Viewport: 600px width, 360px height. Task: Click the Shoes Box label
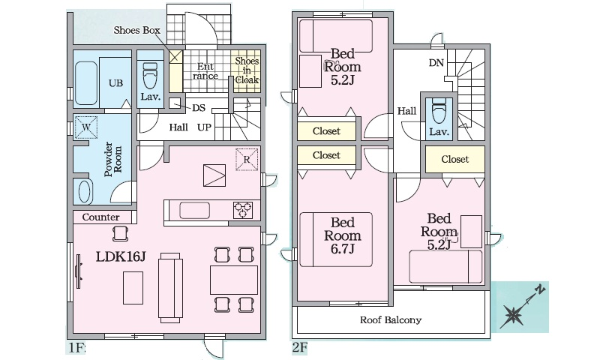click(x=136, y=31)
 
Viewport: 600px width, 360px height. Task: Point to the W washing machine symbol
click(x=85, y=127)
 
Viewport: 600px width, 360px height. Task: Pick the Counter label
click(x=101, y=217)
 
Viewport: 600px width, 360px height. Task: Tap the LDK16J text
click(x=120, y=256)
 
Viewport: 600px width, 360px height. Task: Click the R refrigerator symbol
click(x=246, y=160)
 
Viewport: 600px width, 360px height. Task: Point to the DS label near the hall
click(x=199, y=108)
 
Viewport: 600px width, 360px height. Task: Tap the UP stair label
click(x=203, y=127)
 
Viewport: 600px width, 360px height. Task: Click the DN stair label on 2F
click(x=436, y=63)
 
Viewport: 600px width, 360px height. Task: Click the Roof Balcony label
click(x=391, y=320)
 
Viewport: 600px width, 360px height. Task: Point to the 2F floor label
click(x=298, y=348)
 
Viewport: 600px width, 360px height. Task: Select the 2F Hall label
click(x=406, y=111)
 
